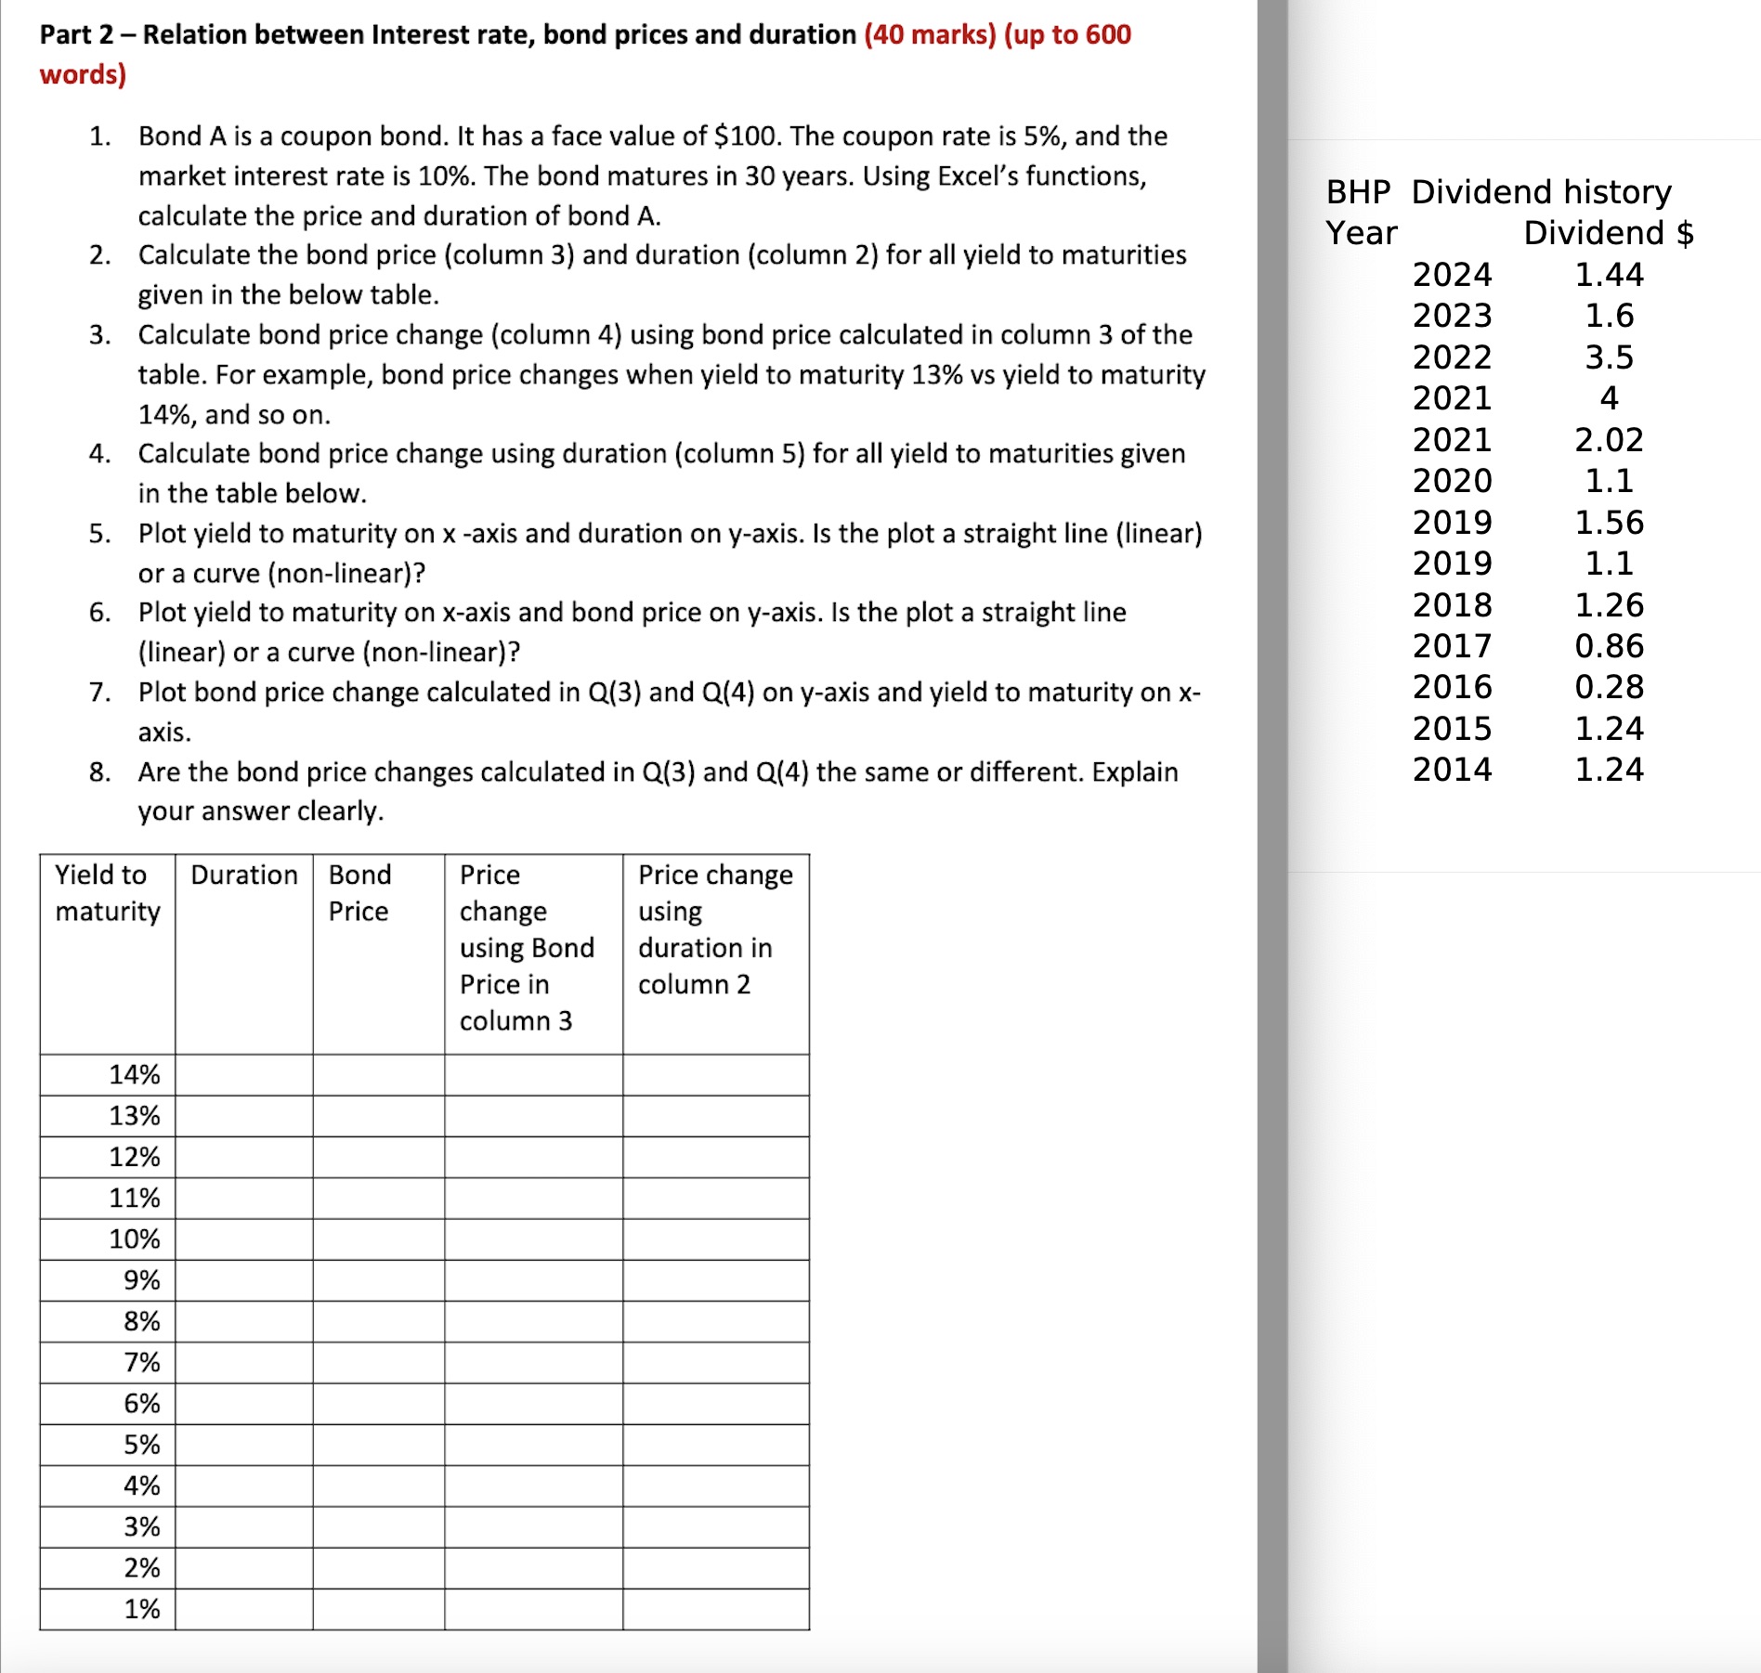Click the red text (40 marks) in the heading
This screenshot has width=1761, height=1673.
(x=929, y=34)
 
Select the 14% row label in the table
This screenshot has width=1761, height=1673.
(x=134, y=1074)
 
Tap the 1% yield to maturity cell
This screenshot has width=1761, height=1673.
(x=141, y=1608)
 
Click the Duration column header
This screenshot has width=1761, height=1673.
(x=243, y=875)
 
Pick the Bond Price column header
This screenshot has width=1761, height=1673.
(x=359, y=892)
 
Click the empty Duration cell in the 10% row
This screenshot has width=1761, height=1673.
(x=243, y=1239)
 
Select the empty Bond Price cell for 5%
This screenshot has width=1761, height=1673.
(x=378, y=1445)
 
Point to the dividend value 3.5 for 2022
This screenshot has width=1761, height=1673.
(x=1608, y=357)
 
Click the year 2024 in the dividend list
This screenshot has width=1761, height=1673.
(x=1452, y=274)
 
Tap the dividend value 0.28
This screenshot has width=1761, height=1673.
(x=1608, y=686)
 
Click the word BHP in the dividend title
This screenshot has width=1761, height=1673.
(x=1357, y=191)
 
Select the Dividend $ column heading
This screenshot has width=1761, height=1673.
(x=1608, y=232)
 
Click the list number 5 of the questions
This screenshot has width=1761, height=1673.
(x=99, y=533)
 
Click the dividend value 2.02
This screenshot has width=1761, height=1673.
(x=1608, y=439)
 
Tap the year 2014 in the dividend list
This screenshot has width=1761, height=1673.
(x=1452, y=769)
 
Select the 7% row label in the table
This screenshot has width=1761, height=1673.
(x=141, y=1362)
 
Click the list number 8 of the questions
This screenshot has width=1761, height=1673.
(x=99, y=772)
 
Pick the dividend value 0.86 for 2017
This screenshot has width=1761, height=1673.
(x=1608, y=645)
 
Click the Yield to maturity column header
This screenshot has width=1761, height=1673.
(x=107, y=892)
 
